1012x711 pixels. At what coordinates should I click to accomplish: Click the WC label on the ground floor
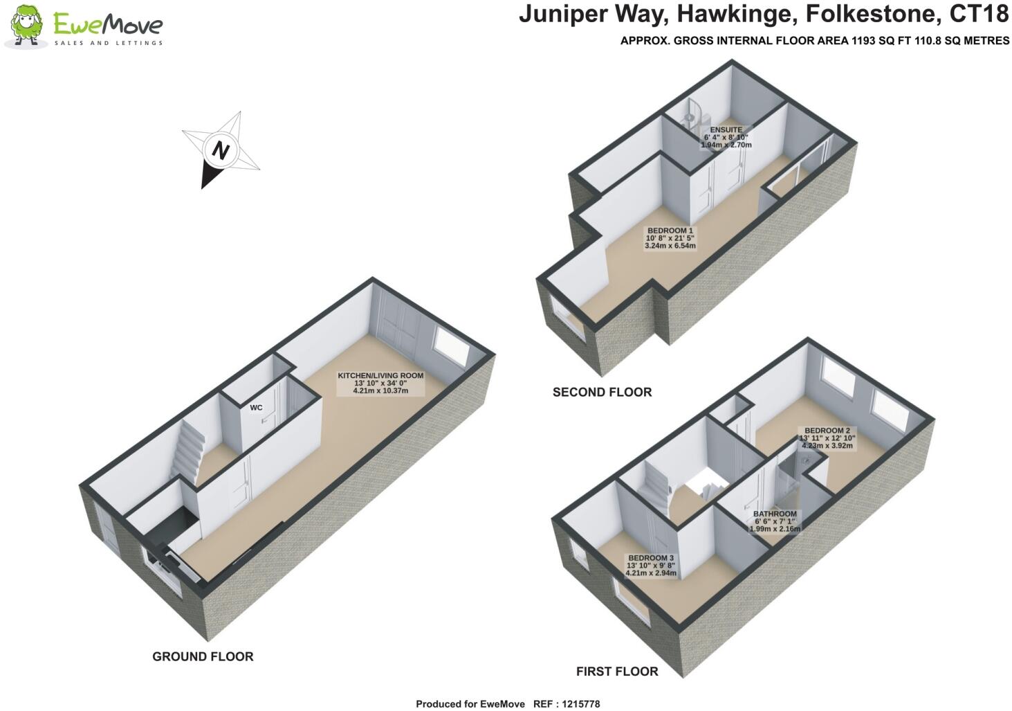pos(256,408)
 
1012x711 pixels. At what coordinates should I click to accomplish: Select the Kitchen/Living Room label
pos(380,383)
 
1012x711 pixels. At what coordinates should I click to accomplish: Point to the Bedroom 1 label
pos(670,237)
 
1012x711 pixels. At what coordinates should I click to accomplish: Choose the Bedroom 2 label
pos(827,438)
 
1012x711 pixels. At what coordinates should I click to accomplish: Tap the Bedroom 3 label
pos(650,565)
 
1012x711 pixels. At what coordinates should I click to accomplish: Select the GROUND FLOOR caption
pos(203,656)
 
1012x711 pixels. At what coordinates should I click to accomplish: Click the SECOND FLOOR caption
pos(602,392)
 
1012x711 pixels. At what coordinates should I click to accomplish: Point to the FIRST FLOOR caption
pos(617,671)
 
